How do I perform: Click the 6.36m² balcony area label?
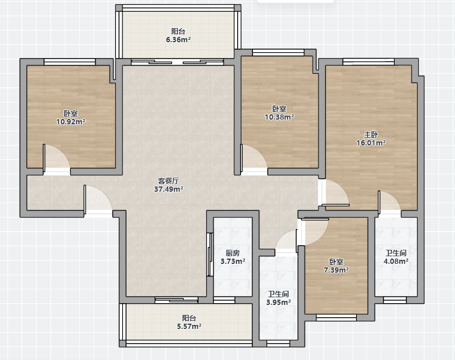[178, 40]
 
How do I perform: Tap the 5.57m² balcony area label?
[189, 327]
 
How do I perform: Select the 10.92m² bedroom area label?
[71, 122]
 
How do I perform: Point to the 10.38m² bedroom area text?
[279, 117]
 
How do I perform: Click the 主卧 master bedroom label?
[371, 134]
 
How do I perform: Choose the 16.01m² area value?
[371, 142]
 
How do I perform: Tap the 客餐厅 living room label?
[168, 181]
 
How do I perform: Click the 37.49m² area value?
[168, 189]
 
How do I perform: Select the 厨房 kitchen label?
[232, 253]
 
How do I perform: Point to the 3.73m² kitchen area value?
[232, 261]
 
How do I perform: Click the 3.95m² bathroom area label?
[279, 303]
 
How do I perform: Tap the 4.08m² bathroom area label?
[396, 261]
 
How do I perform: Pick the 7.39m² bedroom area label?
[336, 270]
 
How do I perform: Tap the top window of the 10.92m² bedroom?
[70, 62]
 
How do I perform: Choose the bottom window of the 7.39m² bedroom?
[336, 318]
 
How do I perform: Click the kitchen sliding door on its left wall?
[210, 254]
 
